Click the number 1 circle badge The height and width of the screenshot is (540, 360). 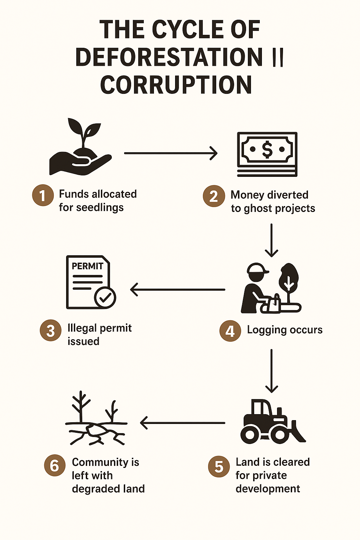[43, 195]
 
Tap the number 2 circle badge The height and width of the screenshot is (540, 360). [214, 196]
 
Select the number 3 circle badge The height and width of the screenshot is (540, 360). [51, 330]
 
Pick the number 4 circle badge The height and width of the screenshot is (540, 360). [230, 331]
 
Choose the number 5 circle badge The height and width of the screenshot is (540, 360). [219, 467]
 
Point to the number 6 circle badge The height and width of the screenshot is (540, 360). [54, 465]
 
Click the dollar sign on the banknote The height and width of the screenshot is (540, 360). [267, 149]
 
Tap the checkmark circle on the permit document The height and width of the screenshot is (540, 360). [105, 298]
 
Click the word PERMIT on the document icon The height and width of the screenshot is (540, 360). [87, 266]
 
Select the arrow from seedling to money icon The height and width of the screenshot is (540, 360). [171, 153]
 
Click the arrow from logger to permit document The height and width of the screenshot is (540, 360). [178, 290]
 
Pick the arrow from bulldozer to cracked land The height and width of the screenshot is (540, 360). [182, 423]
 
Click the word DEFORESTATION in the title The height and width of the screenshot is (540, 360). [169, 57]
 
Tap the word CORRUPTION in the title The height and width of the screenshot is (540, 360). [176, 85]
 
